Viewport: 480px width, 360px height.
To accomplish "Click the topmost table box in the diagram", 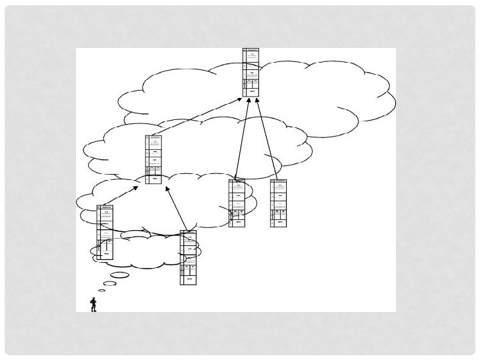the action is tap(251, 71).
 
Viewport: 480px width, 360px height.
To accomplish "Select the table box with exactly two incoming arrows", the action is tap(153, 159).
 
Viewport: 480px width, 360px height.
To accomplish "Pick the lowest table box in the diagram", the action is tap(189, 257).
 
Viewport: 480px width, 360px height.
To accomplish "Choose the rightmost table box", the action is tap(279, 203).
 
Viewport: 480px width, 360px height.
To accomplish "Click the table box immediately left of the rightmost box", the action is tap(237, 203).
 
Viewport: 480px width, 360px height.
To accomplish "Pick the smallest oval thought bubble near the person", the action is tap(101, 291).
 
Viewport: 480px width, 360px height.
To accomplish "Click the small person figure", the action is tap(93, 305).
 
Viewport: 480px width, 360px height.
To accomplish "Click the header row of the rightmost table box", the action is tap(279, 181).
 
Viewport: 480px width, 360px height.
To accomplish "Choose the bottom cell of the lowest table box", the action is tap(189, 279).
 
